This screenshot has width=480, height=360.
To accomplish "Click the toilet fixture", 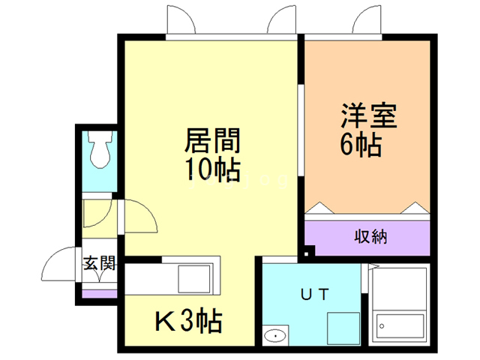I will coord(99,150).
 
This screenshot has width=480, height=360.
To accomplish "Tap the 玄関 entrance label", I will coord(99,264).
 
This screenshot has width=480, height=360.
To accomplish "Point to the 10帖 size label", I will coord(212,170).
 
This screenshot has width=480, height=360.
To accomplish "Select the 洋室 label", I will coord(368,116).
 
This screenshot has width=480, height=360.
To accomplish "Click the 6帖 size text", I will coord(362,144).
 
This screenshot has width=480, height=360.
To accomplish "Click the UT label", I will coord(314,295).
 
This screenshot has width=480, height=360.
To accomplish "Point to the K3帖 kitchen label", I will coord(188,322).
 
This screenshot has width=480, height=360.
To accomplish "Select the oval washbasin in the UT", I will coord(274,335).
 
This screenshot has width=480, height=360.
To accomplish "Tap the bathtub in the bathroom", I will coord(400,325).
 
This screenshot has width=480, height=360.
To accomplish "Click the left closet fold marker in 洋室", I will coord(319,207).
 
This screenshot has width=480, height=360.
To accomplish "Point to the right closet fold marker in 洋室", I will coord(412,207).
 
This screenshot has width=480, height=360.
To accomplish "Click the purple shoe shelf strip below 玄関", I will coord(99,293).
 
